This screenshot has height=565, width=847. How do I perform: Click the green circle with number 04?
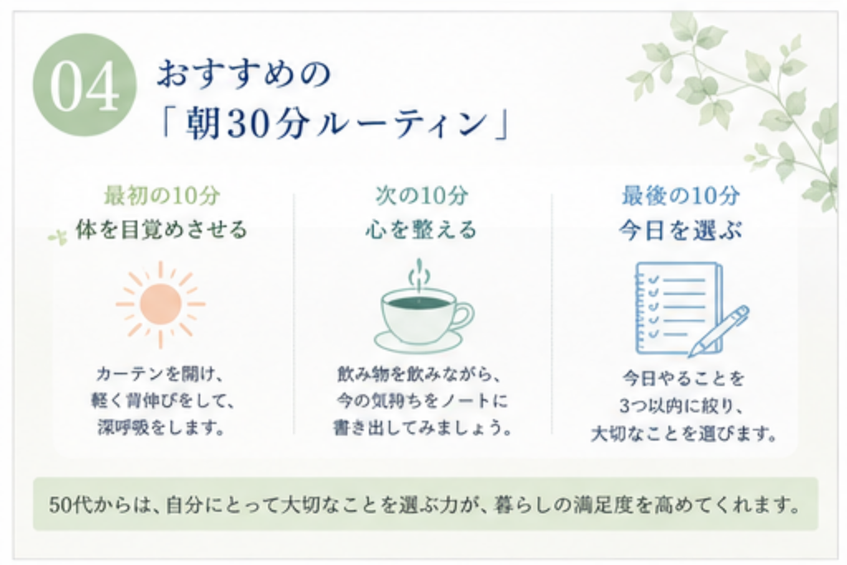click(x=85, y=85)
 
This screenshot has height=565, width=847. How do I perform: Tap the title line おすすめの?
click(x=244, y=74)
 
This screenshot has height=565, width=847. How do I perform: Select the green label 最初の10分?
click(x=162, y=195)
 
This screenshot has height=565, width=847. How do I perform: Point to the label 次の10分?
click(x=422, y=195)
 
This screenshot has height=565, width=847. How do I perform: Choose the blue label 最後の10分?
click(x=681, y=195)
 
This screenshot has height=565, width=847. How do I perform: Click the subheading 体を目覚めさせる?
click(x=161, y=230)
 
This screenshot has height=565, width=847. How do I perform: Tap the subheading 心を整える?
click(x=421, y=230)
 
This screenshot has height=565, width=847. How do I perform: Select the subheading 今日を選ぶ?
click(x=681, y=231)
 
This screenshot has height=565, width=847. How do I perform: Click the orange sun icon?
click(x=160, y=304)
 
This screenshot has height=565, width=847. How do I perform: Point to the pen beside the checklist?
click(x=719, y=331)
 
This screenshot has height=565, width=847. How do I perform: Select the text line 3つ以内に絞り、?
click(x=682, y=405)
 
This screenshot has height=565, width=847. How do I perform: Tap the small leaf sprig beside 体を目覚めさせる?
click(x=58, y=237)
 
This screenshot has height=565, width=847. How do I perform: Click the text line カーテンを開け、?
click(x=160, y=374)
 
